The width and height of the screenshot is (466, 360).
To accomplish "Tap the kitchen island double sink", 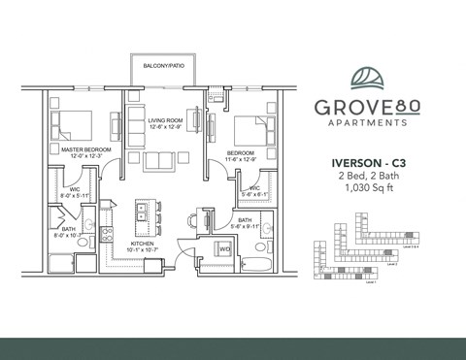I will [146, 212].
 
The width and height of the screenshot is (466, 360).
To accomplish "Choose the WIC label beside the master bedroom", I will [74, 189].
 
